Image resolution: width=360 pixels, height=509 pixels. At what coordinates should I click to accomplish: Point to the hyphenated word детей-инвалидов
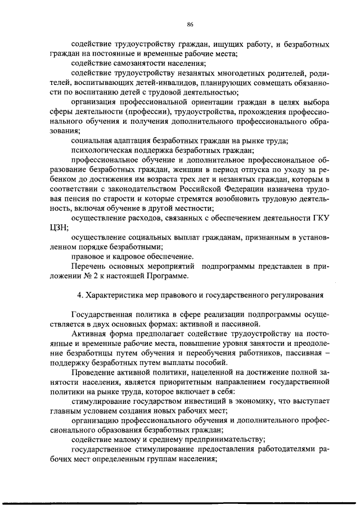point(163,83)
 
